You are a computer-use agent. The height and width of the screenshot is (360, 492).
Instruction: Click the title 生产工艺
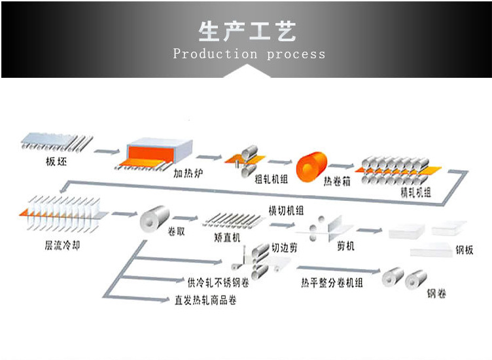point(247,31)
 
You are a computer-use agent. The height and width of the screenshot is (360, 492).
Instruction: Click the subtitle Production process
point(249,54)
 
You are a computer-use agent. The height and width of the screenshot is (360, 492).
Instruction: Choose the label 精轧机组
point(415,192)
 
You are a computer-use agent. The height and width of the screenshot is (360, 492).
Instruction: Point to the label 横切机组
point(285,209)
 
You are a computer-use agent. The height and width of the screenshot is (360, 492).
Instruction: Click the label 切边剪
point(286,248)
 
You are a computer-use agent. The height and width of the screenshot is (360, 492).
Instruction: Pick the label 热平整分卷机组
point(332,283)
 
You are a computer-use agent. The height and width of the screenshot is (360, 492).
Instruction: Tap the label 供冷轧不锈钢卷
point(218,282)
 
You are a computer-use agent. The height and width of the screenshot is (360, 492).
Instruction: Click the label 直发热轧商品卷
point(205,300)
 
